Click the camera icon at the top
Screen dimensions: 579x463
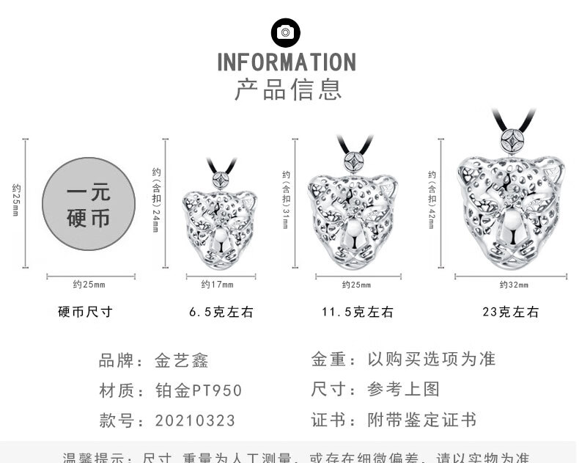point(286,32)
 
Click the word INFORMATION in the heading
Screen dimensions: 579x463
point(287,62)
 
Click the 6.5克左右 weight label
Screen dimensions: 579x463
point(221,312)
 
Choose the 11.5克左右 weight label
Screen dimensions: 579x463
point(357,312)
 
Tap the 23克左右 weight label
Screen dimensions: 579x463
point(510,312)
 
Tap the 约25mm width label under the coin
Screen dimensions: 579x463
point(89,284)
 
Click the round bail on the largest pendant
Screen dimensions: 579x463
point(511,141)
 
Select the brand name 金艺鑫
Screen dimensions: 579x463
point(182,360)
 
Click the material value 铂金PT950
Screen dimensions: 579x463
point(198,390)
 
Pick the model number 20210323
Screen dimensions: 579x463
point(195,420)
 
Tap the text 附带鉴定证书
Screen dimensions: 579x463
point(421,420)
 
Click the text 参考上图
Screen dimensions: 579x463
point(403,390)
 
